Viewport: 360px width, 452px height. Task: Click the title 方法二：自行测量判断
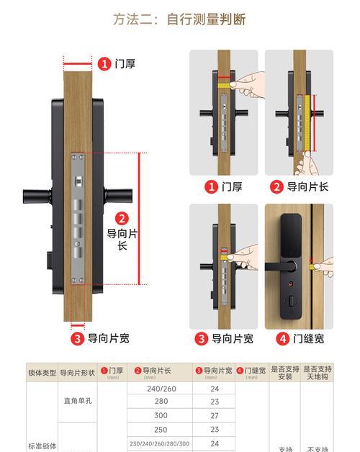click(x=179, y=19)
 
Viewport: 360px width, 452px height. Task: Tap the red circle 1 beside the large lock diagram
click(x=104, y=64)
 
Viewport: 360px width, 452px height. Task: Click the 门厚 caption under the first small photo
click(x=224, y=186)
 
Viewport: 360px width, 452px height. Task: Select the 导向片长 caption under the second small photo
click(x=300, y=186)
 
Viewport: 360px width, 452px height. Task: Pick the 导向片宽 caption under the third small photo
click(x=224, y=338)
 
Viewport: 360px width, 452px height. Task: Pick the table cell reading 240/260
click(x=161, y=389)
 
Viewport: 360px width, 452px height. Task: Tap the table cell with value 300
click(x=161, y=415)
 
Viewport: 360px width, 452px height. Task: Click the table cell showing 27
click(x=215, y=415)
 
